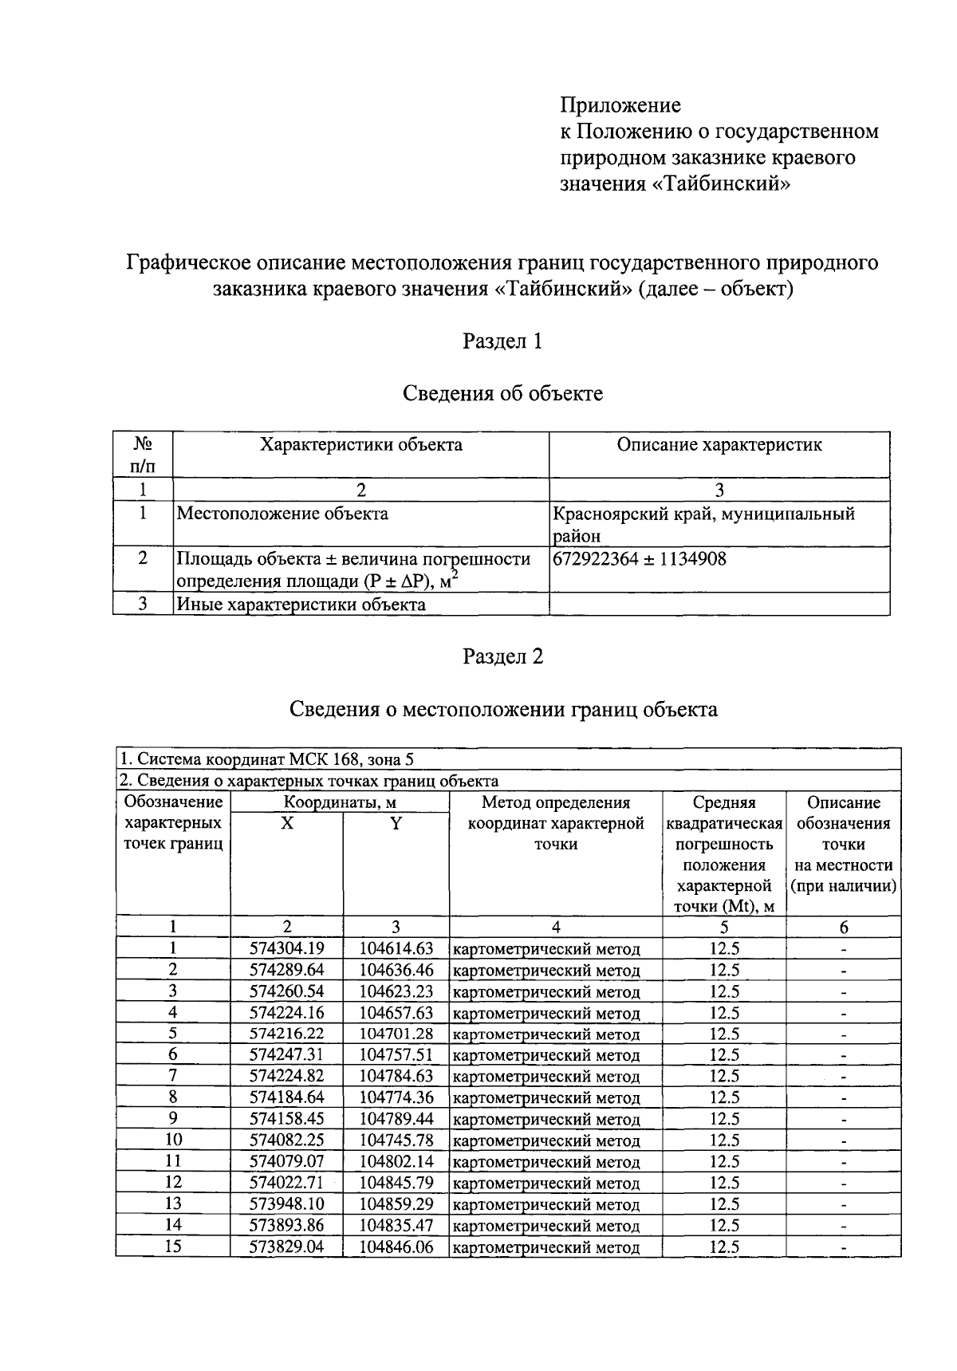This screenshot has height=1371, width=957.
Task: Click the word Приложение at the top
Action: point(620,105)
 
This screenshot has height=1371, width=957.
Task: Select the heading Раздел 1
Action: point(502,341)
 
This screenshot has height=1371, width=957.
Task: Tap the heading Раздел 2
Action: point(502,656)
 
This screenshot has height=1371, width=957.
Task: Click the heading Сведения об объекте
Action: point(502,393)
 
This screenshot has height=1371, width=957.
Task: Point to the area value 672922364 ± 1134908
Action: point(639,559)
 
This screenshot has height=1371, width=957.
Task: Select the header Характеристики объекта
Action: point(360,445)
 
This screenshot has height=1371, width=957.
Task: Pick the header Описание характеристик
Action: point(719,445)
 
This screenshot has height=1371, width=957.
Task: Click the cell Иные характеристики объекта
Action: point(301,605)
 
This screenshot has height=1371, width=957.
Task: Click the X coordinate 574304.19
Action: point(286,948)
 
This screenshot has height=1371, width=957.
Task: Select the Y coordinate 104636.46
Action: point(396,970)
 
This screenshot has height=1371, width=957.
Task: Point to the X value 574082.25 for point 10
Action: point(286,1141)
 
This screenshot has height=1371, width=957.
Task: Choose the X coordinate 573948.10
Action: point(286,1204)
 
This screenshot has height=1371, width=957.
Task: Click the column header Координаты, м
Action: point(341,803)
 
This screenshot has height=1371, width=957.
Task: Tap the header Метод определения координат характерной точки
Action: point(556,823)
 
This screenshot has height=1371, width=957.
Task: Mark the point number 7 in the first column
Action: point(172,1076)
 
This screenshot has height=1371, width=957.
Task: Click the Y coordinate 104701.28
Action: point(396,1034)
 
